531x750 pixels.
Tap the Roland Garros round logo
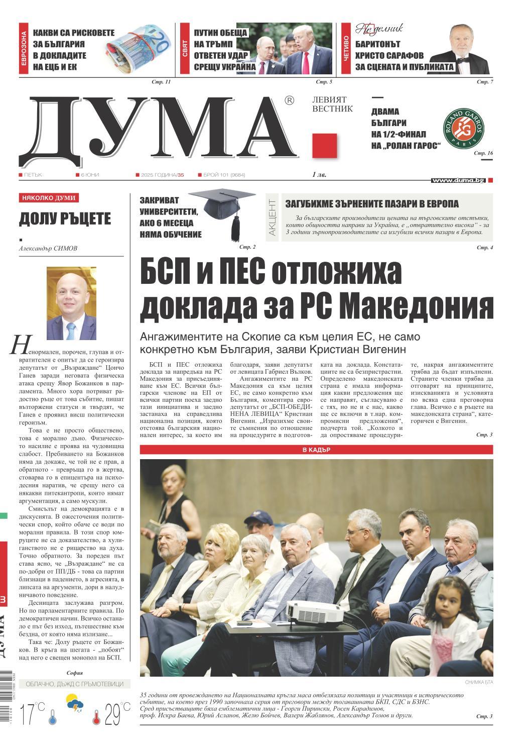click(x=464, y=128)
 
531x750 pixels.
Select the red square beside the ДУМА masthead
click(x=325, y=146)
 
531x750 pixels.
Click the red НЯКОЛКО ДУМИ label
click(x=49, y=198)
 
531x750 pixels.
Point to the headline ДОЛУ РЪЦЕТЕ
click(x=65, y=219)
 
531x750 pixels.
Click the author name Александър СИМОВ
click(x=48, y=248)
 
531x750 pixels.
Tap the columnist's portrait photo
click(x=71, y=303)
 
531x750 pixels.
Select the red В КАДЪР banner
click(x=316, y=450)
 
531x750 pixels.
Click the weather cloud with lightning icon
click(x=75, y=703)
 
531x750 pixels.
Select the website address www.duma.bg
click(x=458, y=180)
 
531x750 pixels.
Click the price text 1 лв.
click(x=318, y=175)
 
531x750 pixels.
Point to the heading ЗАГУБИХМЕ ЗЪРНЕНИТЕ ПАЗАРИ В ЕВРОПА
click(x=372, y=204)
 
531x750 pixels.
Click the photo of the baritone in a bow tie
click(x=459, y=49)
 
